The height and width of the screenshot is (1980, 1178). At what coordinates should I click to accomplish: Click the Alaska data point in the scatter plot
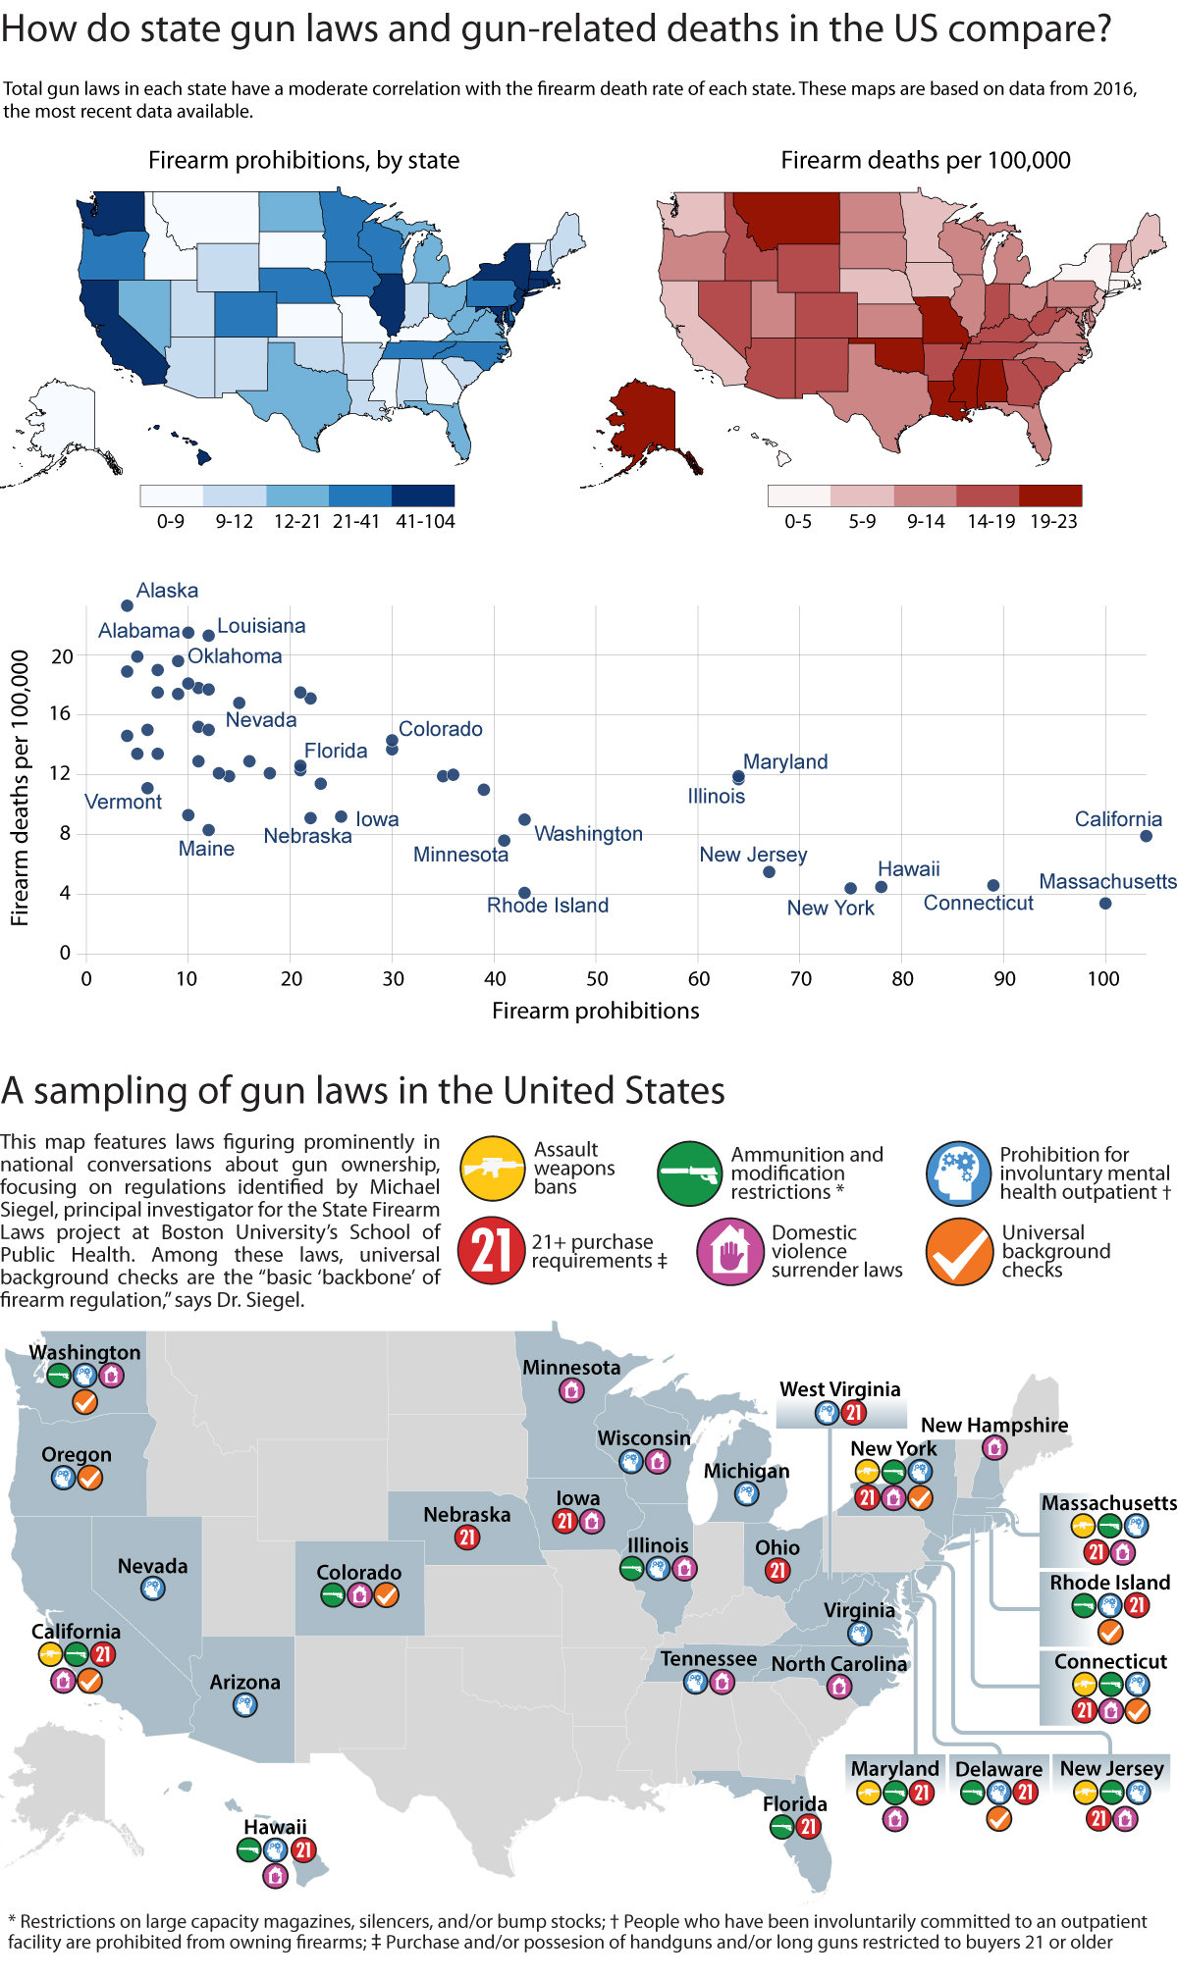coord(127,605)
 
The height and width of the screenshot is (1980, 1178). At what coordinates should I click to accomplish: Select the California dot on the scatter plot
coord(1146,836)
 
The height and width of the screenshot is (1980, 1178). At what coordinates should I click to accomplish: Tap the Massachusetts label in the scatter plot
coord(1107,881)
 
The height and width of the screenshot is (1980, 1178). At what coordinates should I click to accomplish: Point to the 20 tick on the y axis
coord(62,656)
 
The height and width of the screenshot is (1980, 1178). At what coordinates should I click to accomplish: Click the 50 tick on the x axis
coord(596,978)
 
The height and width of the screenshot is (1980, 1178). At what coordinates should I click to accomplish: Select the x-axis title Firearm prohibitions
coord(595,1011)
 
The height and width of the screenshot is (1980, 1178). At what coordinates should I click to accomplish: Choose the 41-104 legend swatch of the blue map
coord(423,495)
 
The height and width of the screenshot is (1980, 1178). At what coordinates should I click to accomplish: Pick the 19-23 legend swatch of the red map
coord(1050,495)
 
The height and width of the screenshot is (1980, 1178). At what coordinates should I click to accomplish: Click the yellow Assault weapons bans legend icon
coord(493,1169)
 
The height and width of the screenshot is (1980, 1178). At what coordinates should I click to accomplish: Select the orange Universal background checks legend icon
coord(959,1251)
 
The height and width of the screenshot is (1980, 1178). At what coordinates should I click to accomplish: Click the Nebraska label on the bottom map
coord(466,1514)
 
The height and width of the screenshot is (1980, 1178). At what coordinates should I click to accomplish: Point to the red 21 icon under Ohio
coord(777,1570)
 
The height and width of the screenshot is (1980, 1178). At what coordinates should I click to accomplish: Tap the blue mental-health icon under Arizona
coord(244,1705)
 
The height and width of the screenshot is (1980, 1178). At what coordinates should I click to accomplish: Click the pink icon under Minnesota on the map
coord(571,1389)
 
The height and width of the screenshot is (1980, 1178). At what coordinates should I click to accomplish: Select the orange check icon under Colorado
coord(387,1595)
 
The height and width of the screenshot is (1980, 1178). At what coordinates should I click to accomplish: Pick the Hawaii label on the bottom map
coord(275,1826)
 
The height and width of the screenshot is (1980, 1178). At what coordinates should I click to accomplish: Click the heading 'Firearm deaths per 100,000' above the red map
coord(925,160)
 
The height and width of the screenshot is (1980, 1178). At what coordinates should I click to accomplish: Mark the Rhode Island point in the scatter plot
coord(524,893)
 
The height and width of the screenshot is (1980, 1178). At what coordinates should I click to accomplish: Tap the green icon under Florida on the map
coord(781,1827)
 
